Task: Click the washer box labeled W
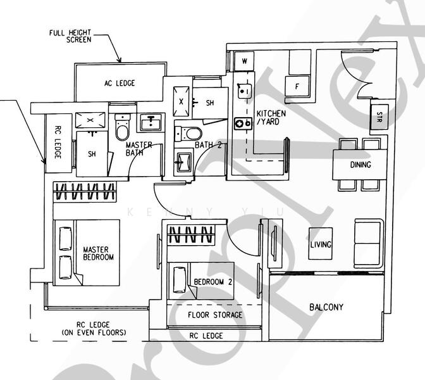click(242, 61)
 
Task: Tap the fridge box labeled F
click(295, 86)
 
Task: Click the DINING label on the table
click(360, 165)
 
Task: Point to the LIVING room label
click(321, 244)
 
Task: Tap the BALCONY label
click(326, 307)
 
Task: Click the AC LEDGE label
click(120, 83)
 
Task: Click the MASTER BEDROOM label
click(99, 253)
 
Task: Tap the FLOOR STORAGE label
click(215, 315)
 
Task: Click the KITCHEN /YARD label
click(271, 118)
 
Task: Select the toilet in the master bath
click(122, 129)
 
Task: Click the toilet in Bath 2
click(188, 133)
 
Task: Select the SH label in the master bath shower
click(92, 154)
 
